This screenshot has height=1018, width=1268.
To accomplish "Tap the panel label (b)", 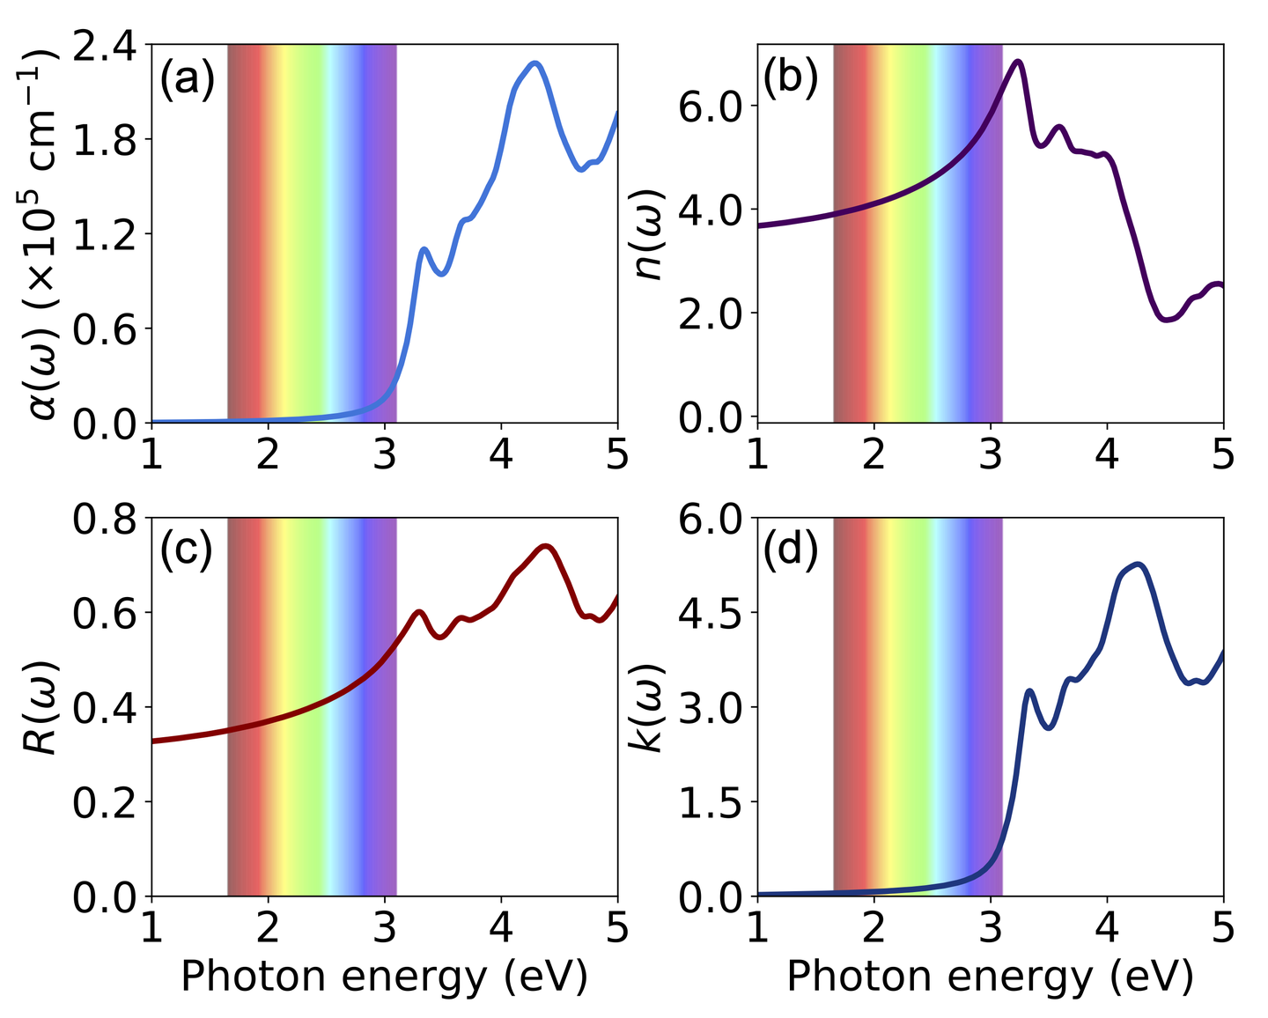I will pyautogui.click(x=791, y=78).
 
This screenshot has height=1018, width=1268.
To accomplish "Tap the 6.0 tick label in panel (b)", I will pyautogui.click(x=711, y=107).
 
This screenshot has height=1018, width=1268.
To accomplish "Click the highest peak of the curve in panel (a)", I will pyautogui.click(x=534, y=63).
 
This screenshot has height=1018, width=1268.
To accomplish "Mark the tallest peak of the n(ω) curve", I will pyautogui.click(x=1018, y=62).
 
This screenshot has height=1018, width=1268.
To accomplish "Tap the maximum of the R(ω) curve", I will pyautogui.click(x=547, y=546).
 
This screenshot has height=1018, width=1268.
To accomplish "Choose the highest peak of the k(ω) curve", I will pyautogui.click(x=1138, y=564).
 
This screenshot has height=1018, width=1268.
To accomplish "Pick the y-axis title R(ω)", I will pyautogui.click(x=41, y=706).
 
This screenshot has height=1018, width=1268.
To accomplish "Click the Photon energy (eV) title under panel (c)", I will pyautogui.click(x=384, y=977).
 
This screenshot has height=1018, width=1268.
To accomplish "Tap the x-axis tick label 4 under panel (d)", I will pyautogui.click(x=1107, y=927).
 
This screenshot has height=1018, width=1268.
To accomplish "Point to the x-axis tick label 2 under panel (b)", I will pyautogui.click(x=874, y=455).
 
